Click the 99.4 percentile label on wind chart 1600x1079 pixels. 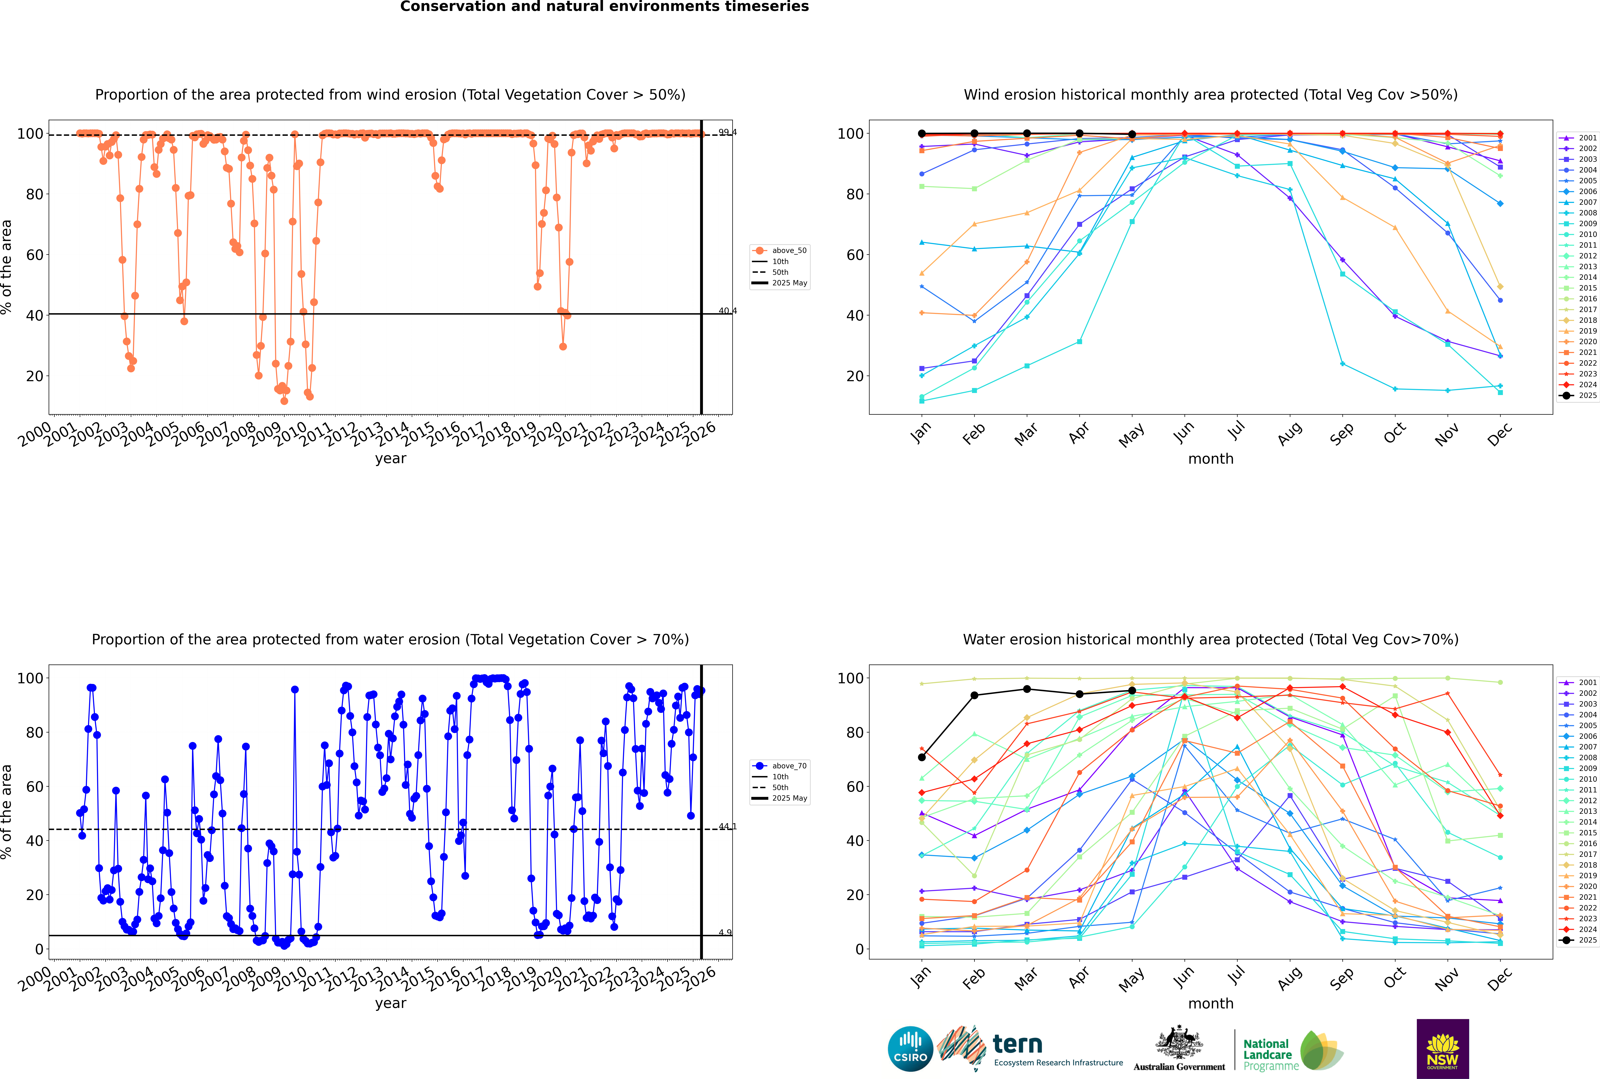[727, 132]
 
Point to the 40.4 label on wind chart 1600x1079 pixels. [727, 311]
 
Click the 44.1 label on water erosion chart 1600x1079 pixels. [727, 826]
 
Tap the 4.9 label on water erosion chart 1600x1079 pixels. [725, 932]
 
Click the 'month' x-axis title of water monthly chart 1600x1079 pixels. [1211, 1003]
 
